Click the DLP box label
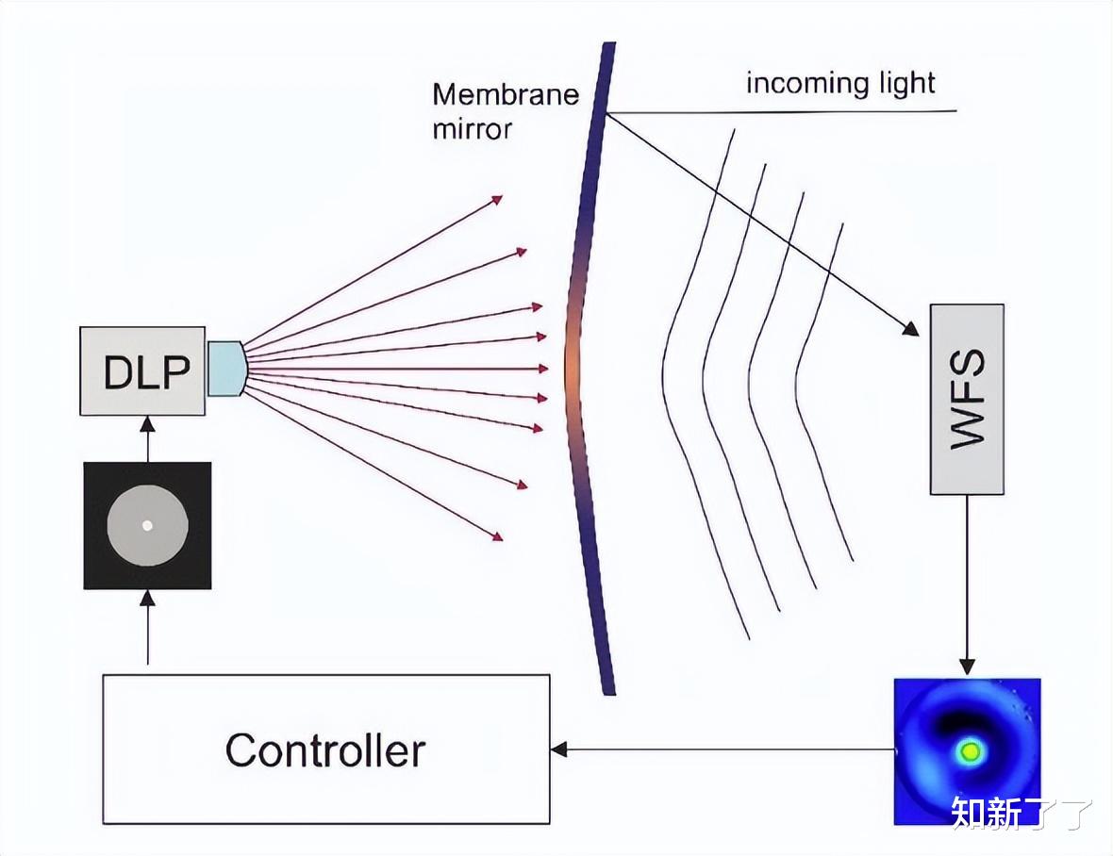147,371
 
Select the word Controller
325,749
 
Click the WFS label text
968,399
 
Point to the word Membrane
506,94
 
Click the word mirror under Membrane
472,129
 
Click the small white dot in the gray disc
148,525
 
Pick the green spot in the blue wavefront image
971,751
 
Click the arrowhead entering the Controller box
558,749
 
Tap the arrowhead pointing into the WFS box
911,329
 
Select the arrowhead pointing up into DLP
148,423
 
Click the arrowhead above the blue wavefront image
966,667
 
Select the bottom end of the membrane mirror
608,692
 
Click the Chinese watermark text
1021,813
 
